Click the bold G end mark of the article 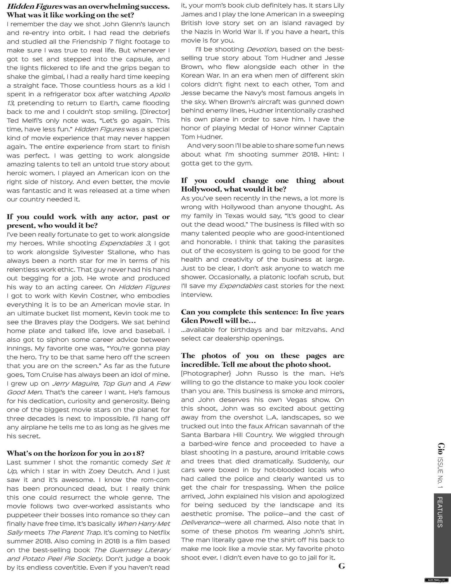coord(341,566)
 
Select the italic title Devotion coord(261,49)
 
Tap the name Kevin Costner coord(93,296)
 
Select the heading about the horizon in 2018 coord(76,453)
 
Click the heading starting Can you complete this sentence coord(262,316)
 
